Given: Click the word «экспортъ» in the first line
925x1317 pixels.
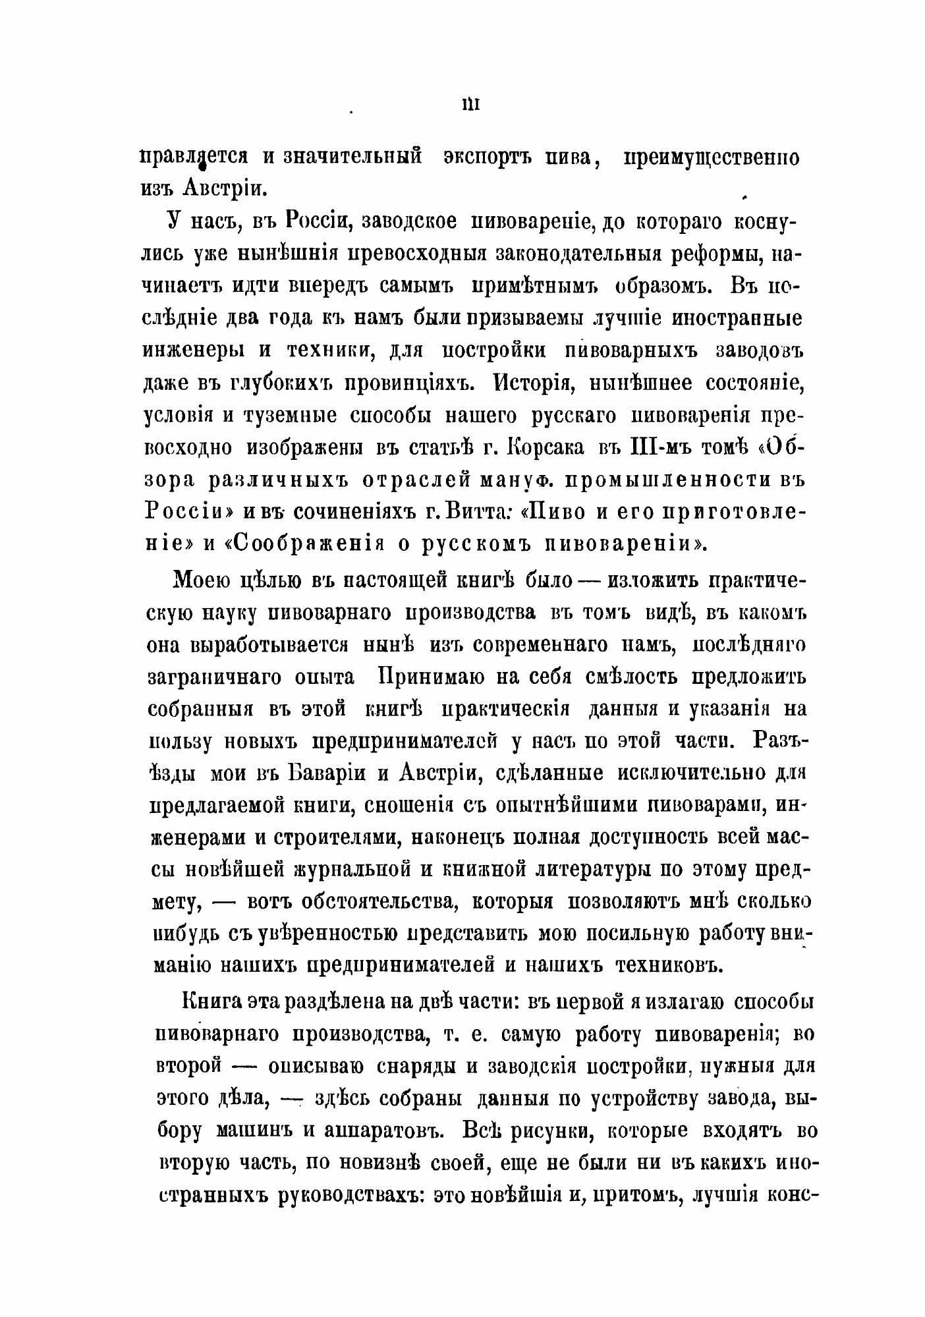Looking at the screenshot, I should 493,159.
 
